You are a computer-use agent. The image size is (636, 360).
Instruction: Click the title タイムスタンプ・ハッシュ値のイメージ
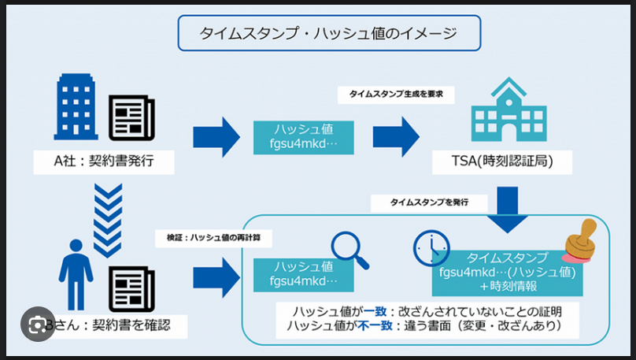click(x=328, y=33)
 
